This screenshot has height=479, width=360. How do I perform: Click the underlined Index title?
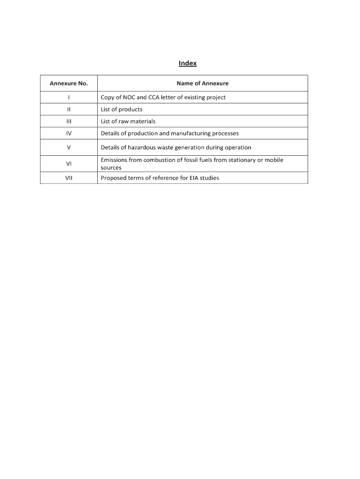pos(187,63)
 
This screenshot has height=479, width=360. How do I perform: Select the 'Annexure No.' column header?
pos(69,83)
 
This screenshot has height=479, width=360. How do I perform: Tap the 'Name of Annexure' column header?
pos(202,83)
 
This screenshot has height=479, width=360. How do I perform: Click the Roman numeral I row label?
pos(69,97)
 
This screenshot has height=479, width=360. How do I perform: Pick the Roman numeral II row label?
pos(69,109)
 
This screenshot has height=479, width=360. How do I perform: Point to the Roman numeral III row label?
pos(69,122)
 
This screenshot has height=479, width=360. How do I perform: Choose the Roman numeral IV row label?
pos(69,133)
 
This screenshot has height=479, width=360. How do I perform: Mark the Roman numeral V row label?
pos(69,147)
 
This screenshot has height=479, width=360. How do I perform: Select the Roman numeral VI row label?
pos(69,164)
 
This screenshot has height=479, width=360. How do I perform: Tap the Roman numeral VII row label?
pos(69,178)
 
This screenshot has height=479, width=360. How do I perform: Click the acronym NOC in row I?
pos(129,97)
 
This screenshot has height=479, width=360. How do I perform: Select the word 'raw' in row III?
pos(124,122)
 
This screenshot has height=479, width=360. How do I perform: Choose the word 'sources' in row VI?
pos(111,167)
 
